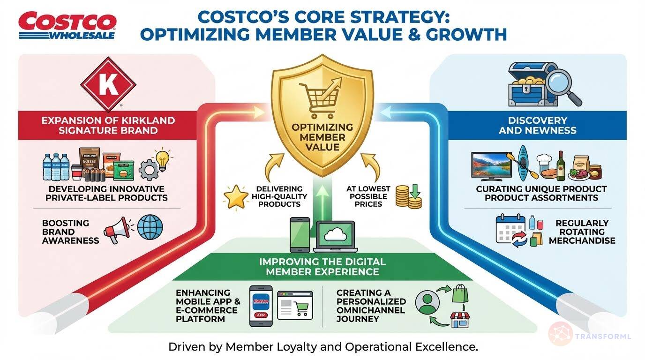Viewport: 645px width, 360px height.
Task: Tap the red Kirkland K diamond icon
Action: coord(108,84)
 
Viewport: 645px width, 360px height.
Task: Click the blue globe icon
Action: coord(150,228)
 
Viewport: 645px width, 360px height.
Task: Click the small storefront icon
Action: coord(459,321)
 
